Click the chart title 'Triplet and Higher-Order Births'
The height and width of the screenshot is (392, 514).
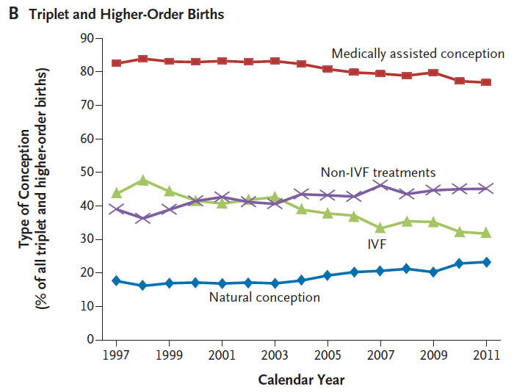coord(126,15)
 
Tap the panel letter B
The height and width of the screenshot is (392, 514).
coord(13,14)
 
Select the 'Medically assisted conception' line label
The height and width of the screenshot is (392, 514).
coord(418,54)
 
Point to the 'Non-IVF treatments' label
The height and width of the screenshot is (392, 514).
coord(378,173)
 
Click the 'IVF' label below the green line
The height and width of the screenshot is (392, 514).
coord(377,244)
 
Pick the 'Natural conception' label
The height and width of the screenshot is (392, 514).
coord(264,297)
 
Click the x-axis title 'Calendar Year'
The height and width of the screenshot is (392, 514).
coord(301,380)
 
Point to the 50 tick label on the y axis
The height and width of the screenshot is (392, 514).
coord(87,173)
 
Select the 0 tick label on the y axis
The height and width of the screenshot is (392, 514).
coord(91,339)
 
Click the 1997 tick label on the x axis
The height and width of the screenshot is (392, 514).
coord(116,355)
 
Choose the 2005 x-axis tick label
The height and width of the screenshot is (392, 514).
coord(327,355)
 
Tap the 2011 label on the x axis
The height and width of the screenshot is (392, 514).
coord(486,355)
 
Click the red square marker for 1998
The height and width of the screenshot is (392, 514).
coord(142,59)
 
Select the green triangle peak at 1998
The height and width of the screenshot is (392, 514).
coord(142,180)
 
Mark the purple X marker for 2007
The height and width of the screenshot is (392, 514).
coord(380,186)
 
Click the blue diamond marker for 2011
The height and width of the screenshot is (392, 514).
coord(486,262)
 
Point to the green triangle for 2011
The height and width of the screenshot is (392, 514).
coord(486,233)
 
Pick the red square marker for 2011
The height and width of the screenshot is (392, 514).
coord(486,82)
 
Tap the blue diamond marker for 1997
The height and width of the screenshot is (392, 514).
coord(116,280)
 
